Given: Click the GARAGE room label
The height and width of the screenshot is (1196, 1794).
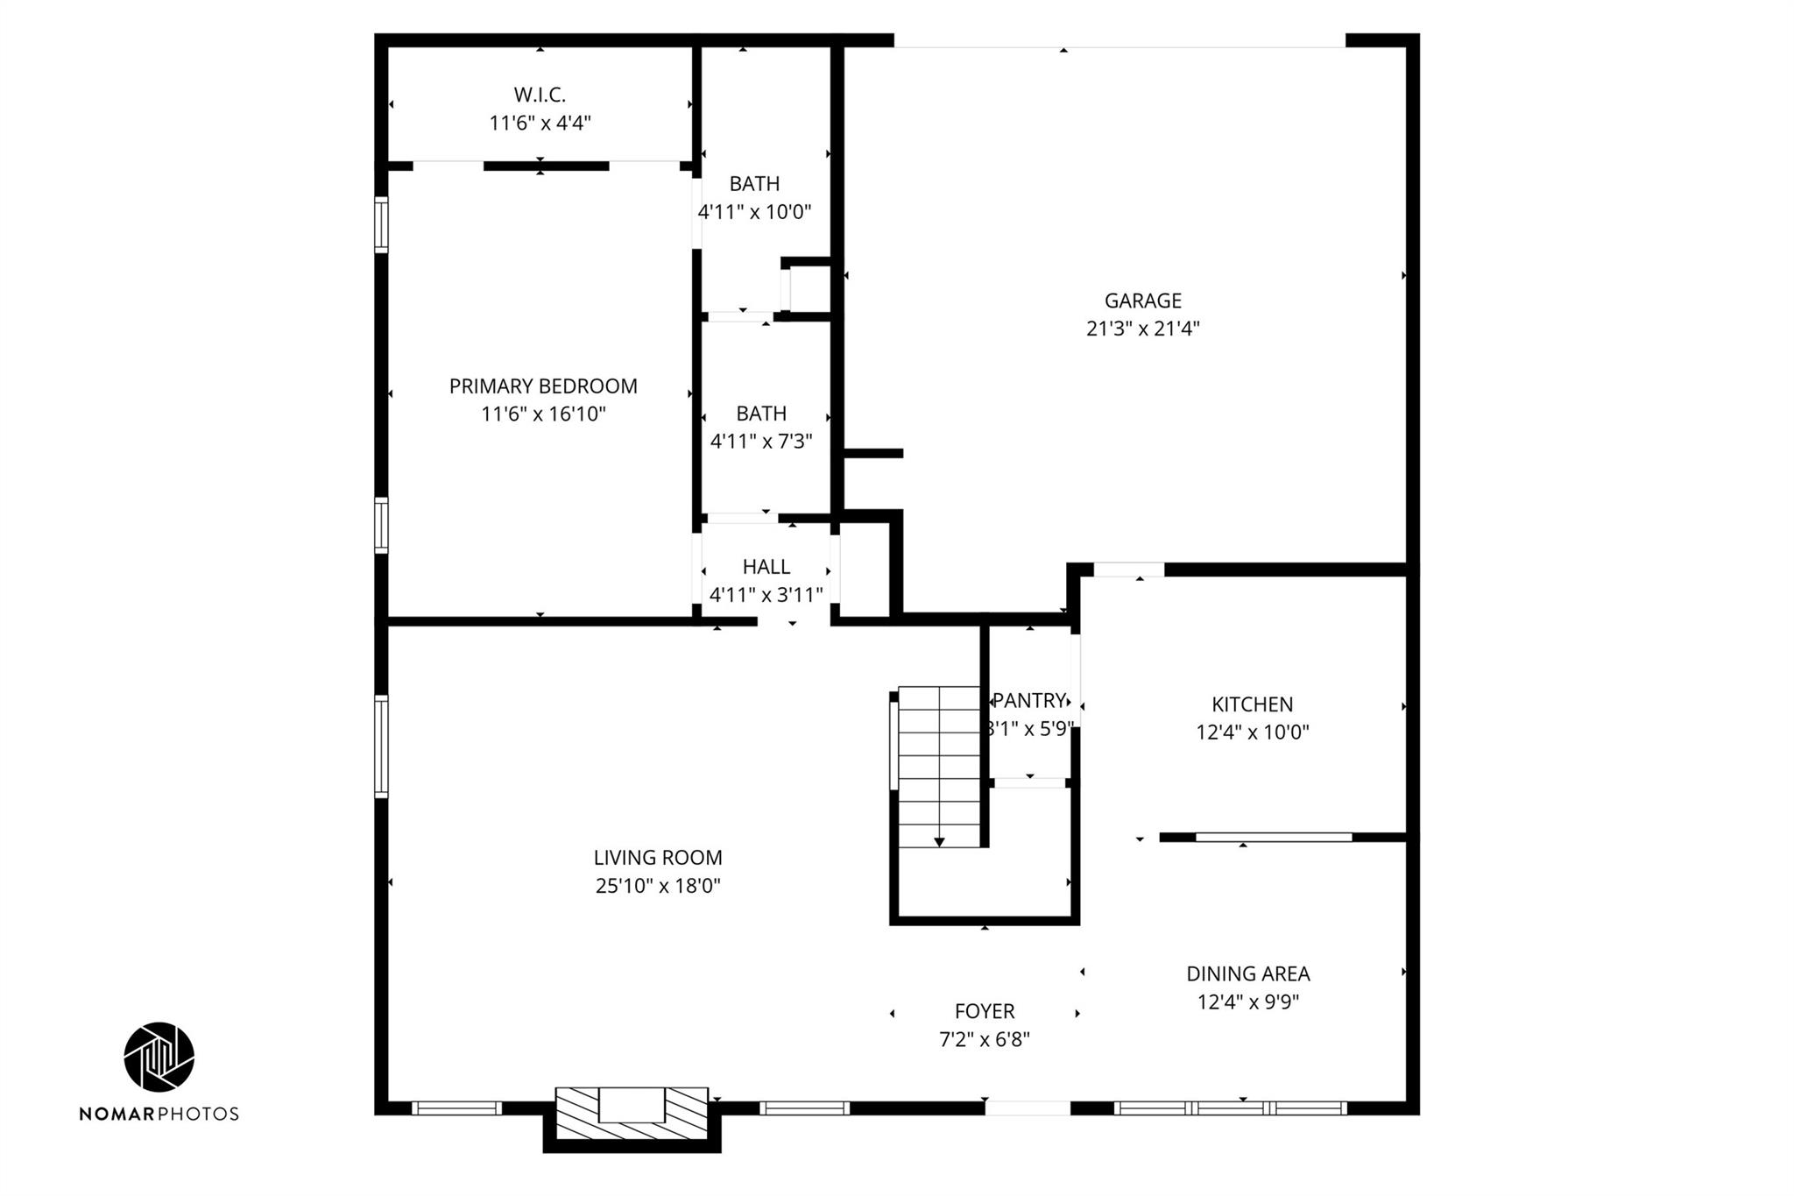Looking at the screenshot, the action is pyautogui.click(x=1142, y=301).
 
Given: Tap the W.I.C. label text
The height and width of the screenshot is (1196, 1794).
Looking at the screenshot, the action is pyautogui.click(x=540, y=95).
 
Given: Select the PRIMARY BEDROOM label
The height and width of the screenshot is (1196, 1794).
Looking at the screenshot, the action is pyautogui.click(x=543, y=386).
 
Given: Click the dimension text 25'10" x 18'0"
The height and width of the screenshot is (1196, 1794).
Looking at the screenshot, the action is pyautogui.click(x=658, y=886).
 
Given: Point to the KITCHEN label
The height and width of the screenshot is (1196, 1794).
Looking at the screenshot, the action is pyautogui.click(x=1252, y=704).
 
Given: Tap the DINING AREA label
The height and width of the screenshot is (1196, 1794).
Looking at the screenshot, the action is pyautogui.click(x=1248, y=973).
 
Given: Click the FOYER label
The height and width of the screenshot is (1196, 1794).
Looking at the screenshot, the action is pyautogui.click(x=985, y=1011).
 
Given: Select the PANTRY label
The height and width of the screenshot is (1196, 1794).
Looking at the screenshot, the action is pyautogui.click(x=1029, y=700).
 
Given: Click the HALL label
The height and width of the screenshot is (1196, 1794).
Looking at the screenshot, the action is pyautogui.click(x=766, y=567).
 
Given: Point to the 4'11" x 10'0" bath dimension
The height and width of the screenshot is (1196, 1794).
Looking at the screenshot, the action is pyautogui.click(x=754, y=212).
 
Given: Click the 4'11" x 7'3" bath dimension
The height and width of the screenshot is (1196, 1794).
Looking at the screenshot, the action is pyautogui.click(x=761, y=442).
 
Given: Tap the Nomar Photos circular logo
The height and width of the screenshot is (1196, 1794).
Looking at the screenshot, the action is pyautogui.click(x=159, y=1057).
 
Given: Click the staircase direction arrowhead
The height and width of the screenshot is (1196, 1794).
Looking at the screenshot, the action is pyautogui.click(x=939, y=842).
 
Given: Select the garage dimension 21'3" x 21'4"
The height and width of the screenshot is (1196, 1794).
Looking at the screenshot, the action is pyautogui.click(x=1142, y=329).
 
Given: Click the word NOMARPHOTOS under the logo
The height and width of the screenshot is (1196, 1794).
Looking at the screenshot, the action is pyautogui.click(x=159, y=1114).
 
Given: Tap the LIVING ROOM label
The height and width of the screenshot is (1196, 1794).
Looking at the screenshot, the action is pyautogui.click(x=658, y=858).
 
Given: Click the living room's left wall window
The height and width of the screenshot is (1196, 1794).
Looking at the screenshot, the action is pyautogui.click(x=381, y=747).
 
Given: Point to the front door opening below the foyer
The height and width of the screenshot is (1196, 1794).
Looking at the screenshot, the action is pyautogui.click(x=1028, y=1108).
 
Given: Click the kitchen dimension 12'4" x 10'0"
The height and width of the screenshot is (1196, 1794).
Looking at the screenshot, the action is pyautogui.click(x=1253, y=732).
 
